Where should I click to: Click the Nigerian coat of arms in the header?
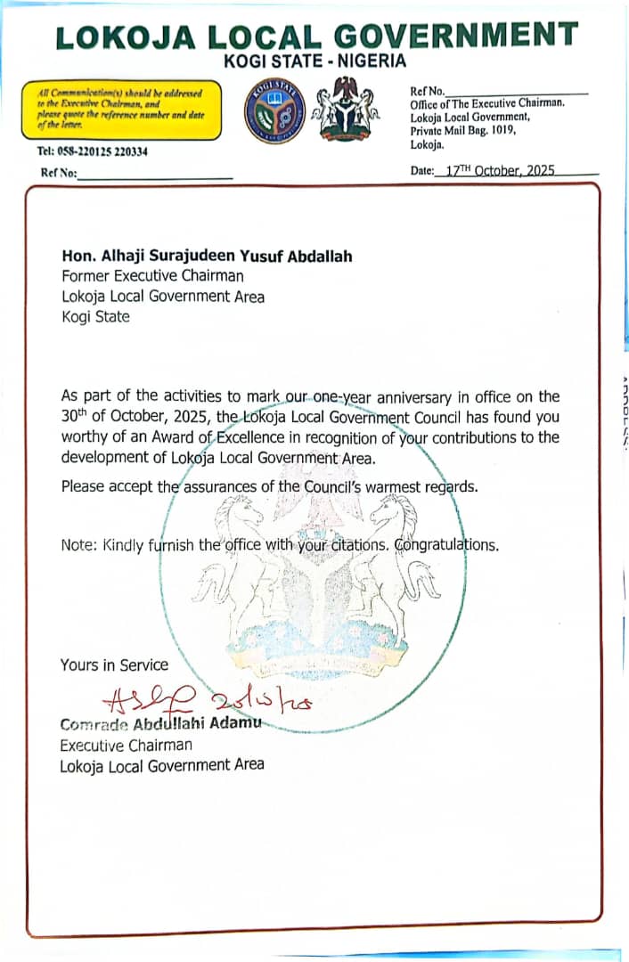(x=347, y=109)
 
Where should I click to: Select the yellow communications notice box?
(x=122, y=110)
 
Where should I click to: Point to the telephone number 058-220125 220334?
(x=94, y=151)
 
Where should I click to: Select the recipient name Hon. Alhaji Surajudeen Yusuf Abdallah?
(x=207, y=257)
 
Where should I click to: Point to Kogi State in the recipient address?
(x=95, y=316)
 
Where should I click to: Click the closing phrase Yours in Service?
(x=114, y=664)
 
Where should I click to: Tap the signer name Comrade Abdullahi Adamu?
(x=160, y=723)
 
